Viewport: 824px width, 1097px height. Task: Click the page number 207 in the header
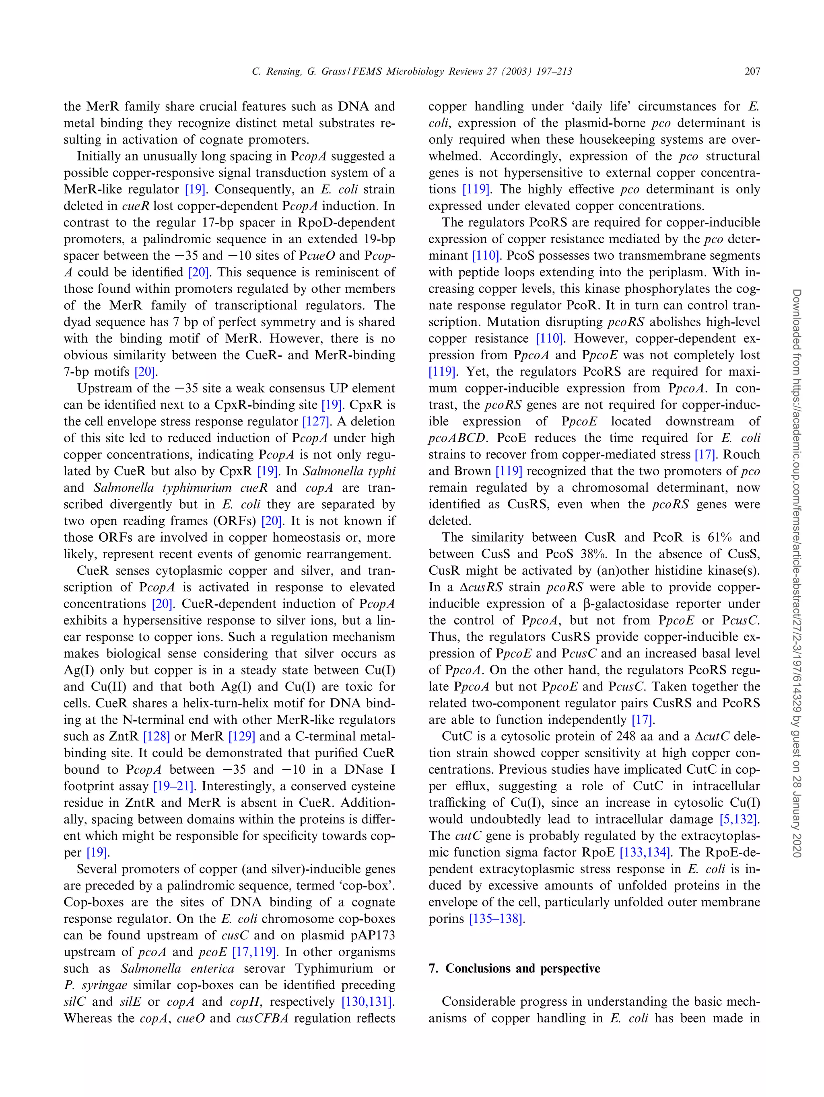click(x=752, y=72)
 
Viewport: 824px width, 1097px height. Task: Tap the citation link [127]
click(x=316, y=421)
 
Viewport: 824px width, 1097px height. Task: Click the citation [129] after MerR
click(x=241, y=736)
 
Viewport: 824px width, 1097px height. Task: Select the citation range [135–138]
click(x=496, y=919)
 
